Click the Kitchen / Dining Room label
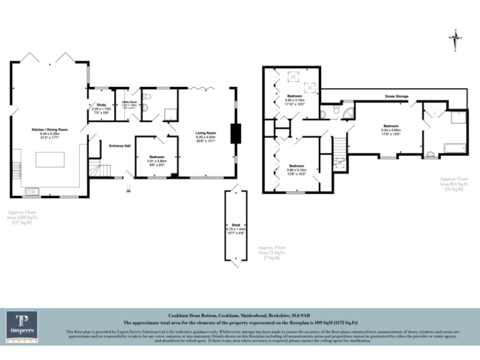49,130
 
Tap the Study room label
100,106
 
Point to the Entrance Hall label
119,146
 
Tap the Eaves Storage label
397,97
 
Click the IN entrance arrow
129,186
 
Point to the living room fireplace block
236,133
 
